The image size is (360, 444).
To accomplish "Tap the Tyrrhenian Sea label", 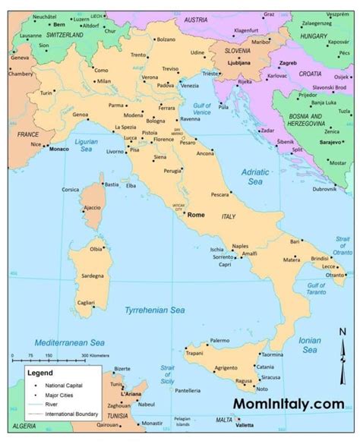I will click(160, 309).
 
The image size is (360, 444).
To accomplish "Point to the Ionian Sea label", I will click(309, 345).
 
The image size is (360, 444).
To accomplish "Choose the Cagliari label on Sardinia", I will click(85, 302).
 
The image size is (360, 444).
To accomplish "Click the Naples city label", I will click(241, 247).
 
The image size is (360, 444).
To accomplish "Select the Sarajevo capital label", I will click(329, 140).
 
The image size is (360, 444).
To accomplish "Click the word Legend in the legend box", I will click(41, 373).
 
